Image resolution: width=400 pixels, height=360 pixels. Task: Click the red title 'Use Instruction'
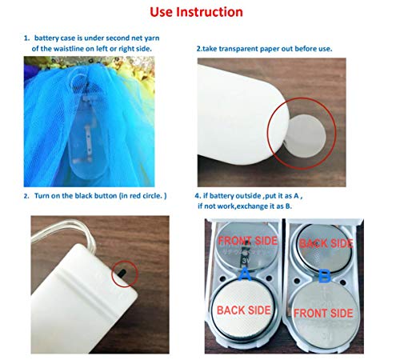click(x=196, y=12)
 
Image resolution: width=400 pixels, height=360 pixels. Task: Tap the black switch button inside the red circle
click(x=122, y=273)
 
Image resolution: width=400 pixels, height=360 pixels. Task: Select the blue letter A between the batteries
click(x=245, y=274)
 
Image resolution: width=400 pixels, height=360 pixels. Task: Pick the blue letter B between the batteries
click(x=324, y=276)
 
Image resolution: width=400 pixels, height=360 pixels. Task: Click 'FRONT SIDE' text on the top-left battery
click(x=248, y=241)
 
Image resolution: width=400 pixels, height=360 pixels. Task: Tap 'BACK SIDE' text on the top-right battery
click(x=326, y=243)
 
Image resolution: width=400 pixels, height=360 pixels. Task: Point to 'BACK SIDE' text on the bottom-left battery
click(x=244, y=310)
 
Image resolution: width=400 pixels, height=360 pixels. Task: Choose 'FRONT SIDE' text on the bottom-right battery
click(x=323, y=313)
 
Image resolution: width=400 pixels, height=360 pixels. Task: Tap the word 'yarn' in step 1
click(x=152, y=38)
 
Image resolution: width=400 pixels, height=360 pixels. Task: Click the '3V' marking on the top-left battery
click(x=245, y=260)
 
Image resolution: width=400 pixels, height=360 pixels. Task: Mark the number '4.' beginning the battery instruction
click(x=198, y=196)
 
